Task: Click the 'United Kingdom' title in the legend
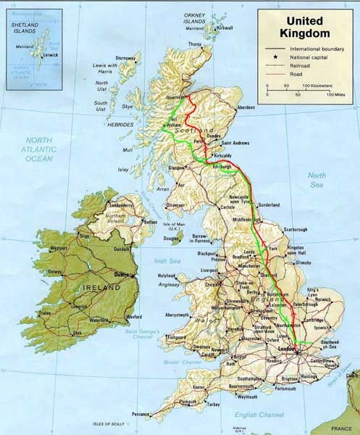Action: click(x=307, y=28)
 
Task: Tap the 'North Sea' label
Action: click(x=317, y=180)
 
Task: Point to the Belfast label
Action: click(x=151, y=222)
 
